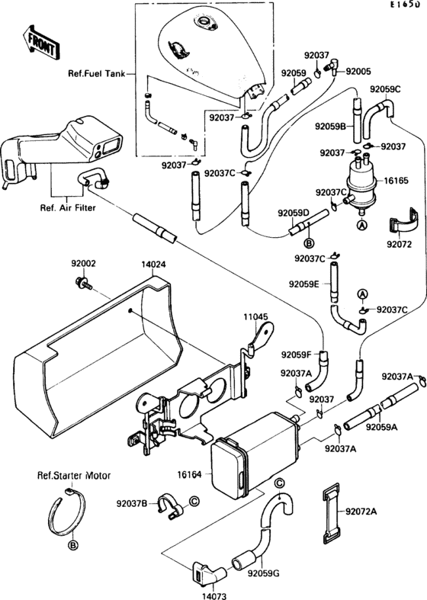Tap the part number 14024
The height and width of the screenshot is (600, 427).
[152, 265]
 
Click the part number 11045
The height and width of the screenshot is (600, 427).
[255, 316]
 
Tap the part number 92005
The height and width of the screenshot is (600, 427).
[358, 71]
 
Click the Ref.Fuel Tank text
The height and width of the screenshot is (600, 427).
[96, 75]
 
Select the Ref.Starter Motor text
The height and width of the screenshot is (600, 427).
[74, 475]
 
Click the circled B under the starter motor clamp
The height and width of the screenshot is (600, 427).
[72, 545]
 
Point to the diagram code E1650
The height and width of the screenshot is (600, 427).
[403, 5]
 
